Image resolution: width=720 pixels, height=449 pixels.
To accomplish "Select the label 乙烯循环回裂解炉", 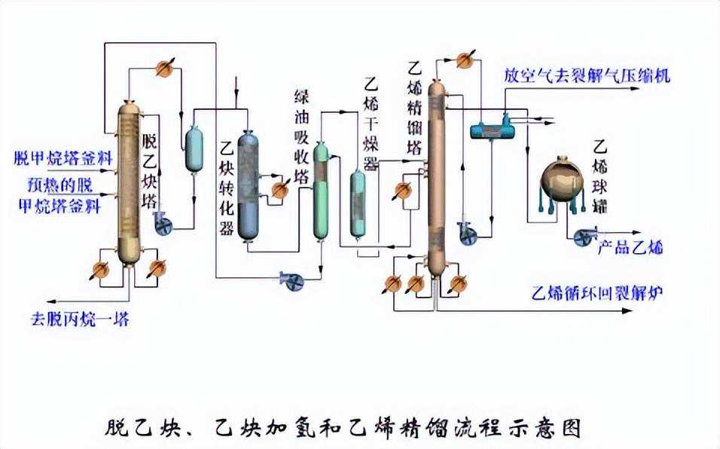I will pyautogui.click(x=596, y=292).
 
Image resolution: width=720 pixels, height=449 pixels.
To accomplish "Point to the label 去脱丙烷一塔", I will pyautogui.click(x=80, y=318).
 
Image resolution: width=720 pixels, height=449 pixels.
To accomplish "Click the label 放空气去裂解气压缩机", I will pyautogui.click(x=587, y=75).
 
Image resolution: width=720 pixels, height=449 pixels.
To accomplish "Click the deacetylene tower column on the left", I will pyautogui.click(x=130, y=181).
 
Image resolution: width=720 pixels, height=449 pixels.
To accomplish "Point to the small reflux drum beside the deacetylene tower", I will pyautogui.click(x=194, y=148).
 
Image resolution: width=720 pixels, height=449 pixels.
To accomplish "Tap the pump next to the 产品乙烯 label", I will pyautogui.click(x=583, y=237).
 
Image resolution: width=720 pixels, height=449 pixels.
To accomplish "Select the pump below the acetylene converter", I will pyautogui.click(x=289, y=279).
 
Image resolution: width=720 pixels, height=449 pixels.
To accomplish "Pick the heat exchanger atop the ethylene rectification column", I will pyautogui.click(x=466, y=60).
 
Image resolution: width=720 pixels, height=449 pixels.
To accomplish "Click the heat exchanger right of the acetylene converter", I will pyautogui.click(x=280, y=188).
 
